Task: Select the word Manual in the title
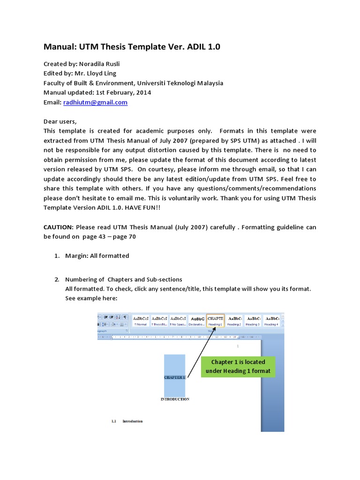coord(58,47)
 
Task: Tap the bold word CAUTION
coord(58,227)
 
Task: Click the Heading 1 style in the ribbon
coord(215,320)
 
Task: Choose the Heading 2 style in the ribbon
coord(234,320)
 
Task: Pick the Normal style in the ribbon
coord(141,320)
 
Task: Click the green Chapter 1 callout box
coord(238,367)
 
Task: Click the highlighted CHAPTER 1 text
coord(174,377)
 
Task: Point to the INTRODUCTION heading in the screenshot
coord(175,399)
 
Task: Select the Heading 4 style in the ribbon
coord(271,320)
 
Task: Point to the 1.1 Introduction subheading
coord(127,421)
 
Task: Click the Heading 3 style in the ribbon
coord(253,320)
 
